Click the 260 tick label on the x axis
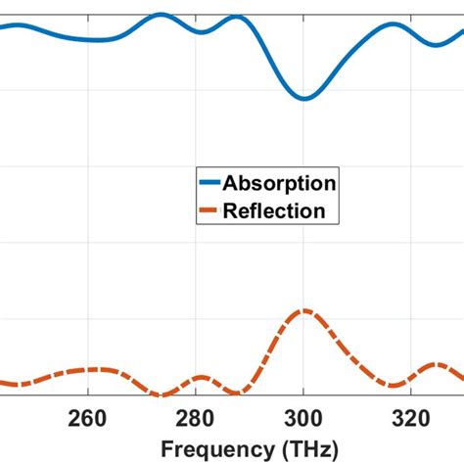pos(88,419)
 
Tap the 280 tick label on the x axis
pos(196,419)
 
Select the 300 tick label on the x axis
pos(303,419)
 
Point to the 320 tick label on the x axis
pos(411,419)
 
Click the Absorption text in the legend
pos(280,183)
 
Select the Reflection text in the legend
pos(274,210)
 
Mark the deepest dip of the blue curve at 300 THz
pos(304,99)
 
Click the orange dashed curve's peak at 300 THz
pos(304,310)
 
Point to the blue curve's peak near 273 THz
pos(161,15)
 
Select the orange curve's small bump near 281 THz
pos(202,377)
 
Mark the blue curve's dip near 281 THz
pos(203,32)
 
